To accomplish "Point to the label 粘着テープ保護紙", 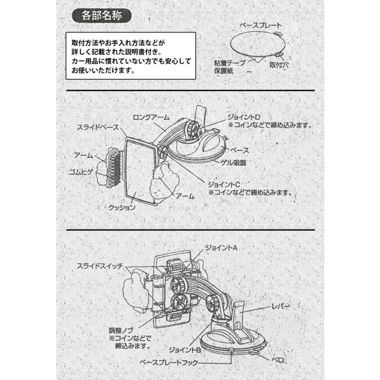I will click(230, 66).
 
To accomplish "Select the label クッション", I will click(122, 207).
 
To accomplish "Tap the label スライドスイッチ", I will click(100, 266).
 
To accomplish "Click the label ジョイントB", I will click(184, 350).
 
